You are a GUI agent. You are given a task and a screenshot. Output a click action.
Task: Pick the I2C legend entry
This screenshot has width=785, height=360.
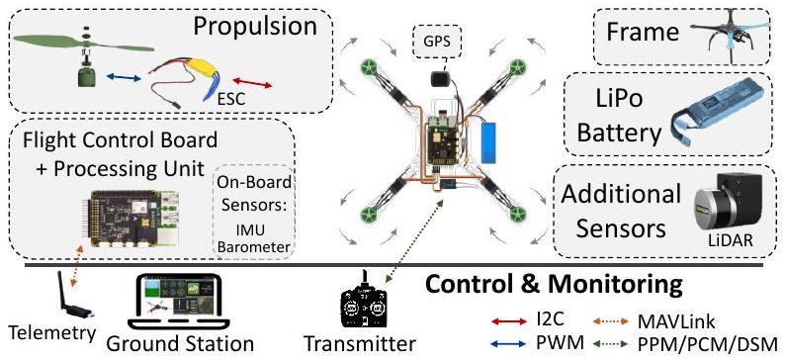click(534, 318)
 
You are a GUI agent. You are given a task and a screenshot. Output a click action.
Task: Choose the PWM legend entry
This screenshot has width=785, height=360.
click(533, 342)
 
